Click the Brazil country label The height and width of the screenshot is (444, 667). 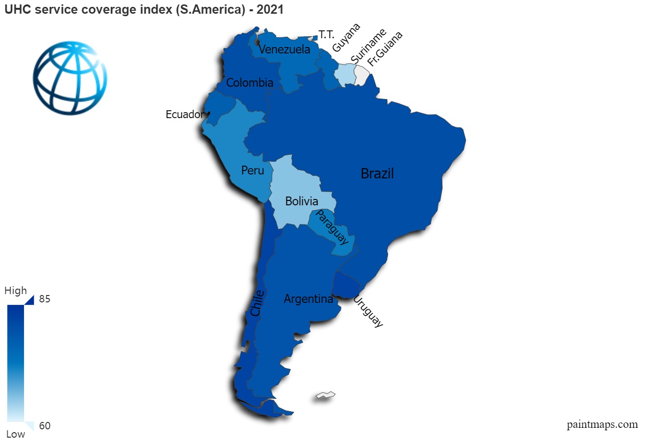tap(377, 173)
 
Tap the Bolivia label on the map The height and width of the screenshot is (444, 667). tap(302, 201)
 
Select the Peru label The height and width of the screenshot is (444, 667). tap(253, 171)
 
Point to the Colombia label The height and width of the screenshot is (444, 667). tap(250, 83)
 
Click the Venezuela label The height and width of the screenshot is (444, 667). tap(284, 49)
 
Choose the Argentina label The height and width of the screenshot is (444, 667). tap(308, 299)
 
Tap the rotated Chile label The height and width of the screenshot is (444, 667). tap(257, 303)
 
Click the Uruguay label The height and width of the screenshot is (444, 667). tap(368, 311)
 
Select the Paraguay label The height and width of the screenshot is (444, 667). tap(332, 227)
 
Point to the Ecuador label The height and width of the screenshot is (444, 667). tap(184, 115)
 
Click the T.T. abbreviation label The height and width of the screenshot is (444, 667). tap(326, 34)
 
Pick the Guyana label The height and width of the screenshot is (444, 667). tap(346, 37)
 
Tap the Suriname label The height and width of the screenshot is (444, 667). tap(368, 46)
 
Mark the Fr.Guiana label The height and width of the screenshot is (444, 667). tap(385, 49)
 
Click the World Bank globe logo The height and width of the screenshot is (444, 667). tap(70, 78)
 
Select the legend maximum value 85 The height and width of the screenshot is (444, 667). tap(45, 299)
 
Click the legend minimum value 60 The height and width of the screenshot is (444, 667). tap(45, 426)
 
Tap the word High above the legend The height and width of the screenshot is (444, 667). tap(16, 291)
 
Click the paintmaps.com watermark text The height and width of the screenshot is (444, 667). tap(602, 424)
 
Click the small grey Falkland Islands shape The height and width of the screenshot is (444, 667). tap(326, 395)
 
